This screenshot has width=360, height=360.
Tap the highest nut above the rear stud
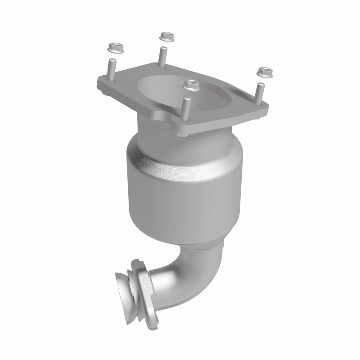tap(167, 35)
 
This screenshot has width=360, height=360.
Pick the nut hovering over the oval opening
tap(191, 84)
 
